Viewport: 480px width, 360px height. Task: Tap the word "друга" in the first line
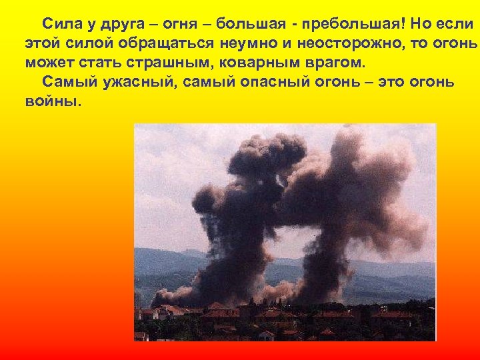point(114,25)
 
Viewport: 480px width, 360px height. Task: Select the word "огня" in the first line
point(169,25)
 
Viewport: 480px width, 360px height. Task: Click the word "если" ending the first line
point(455,25)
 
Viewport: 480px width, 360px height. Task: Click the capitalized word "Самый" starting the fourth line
point(63,82)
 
